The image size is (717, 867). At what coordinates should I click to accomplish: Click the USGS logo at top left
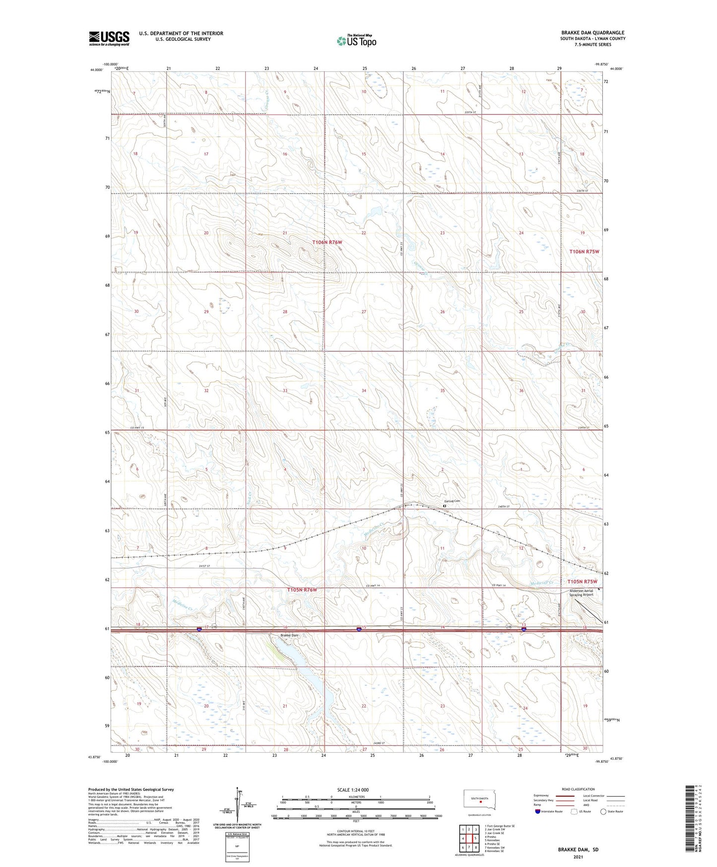(x=109, y=38)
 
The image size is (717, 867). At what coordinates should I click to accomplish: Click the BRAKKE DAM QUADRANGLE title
(x=592, y=33)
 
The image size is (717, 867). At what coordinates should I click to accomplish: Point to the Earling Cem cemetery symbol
(x=445, y=506)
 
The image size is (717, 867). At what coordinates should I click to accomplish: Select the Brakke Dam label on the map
(x=289, y=636)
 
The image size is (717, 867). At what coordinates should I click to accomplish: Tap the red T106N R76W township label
(x=327, y=242)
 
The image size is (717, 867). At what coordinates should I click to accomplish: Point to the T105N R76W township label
(x=302, y=589)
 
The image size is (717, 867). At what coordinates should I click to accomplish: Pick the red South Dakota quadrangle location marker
(x=480, y=800)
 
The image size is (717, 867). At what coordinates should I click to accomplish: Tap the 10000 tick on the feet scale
(x=438, y=830)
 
